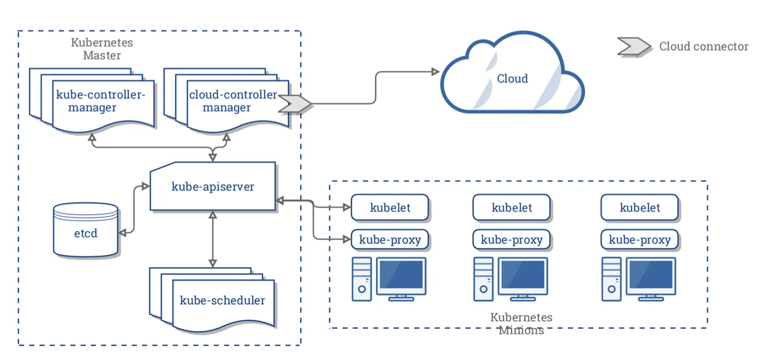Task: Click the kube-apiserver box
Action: point(212,187)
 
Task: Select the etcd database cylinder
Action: point(85,233)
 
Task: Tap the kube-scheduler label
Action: point(222,300)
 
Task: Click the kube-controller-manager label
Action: point(100,101)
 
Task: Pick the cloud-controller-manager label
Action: point(233,101)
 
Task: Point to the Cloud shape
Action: point(512,79)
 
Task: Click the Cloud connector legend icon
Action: point(633,47)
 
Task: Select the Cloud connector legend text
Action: point(703,47)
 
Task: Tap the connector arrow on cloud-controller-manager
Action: point(295,103)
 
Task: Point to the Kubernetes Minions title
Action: point(521,324)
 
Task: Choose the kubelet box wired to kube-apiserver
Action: point(390,208)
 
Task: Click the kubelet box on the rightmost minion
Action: point(640,208)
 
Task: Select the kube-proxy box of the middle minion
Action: point(512,240)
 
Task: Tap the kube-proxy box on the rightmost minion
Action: point(640,240)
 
